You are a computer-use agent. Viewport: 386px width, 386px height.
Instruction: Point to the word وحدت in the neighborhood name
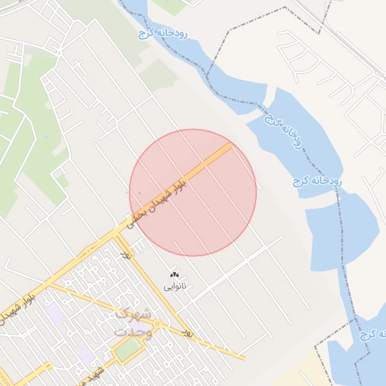133,331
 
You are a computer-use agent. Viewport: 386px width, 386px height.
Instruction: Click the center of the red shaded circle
193,192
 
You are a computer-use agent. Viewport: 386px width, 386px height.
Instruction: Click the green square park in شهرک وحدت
127,349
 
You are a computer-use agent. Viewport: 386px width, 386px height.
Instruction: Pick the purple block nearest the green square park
85,354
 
